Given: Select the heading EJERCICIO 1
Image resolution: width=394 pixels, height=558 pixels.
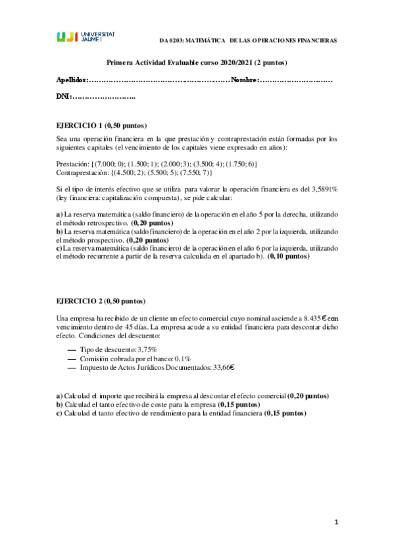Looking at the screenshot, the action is point(80,125).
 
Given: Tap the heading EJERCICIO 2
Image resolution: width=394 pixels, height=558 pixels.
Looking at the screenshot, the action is point(80,301).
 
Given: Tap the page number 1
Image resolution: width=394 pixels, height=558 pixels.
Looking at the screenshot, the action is point(335,522).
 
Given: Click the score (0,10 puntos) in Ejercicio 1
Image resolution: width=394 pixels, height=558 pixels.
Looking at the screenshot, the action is point(288,256).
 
